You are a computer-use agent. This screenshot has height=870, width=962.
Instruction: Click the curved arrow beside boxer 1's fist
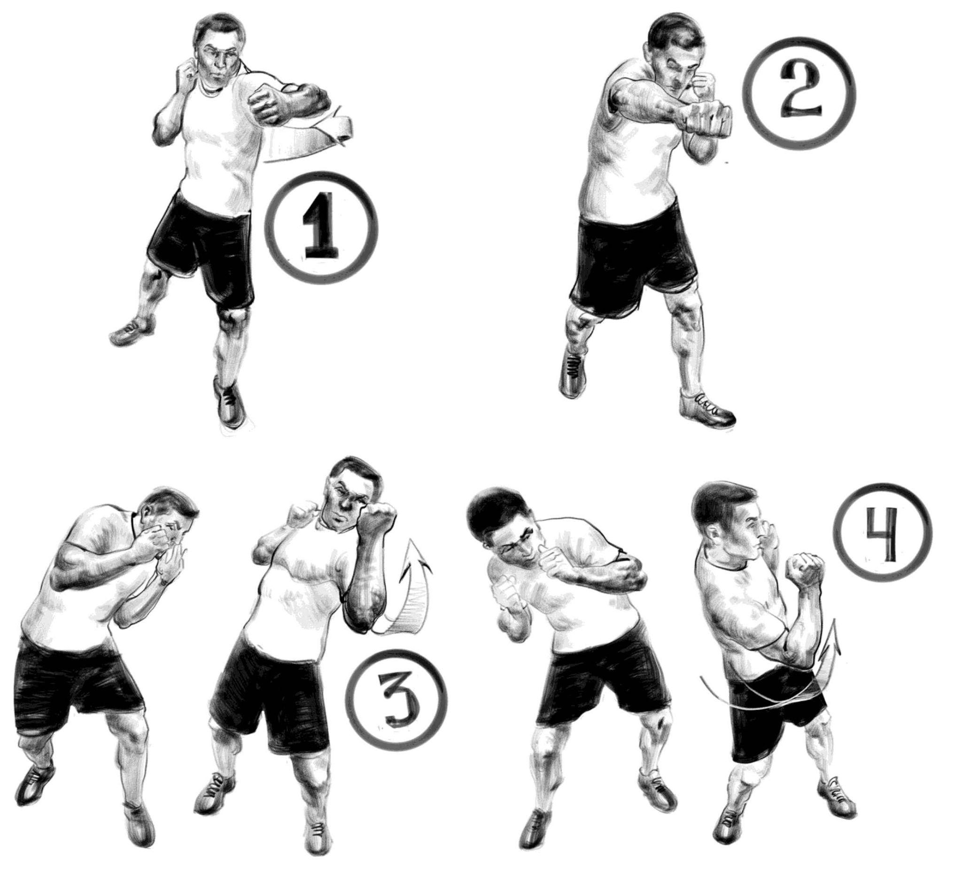click(x=310, y=138)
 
